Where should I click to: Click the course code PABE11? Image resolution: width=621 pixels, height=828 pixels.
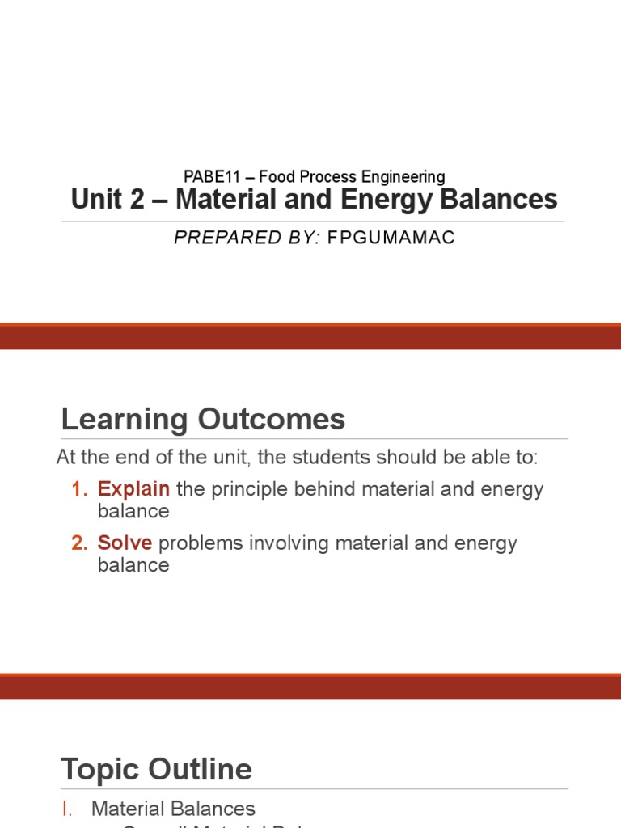click(207, 176)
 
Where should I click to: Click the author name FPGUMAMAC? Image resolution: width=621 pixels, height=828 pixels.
click(391, 239)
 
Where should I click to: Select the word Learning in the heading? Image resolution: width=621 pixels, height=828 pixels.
click(120, 420)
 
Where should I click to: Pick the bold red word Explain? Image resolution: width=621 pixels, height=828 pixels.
click(133, 489)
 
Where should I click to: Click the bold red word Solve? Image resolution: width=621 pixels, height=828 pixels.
click(125, 543)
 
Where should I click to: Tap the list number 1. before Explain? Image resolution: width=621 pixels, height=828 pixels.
click(78, 489)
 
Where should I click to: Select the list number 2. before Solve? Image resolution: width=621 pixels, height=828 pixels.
click(78, 543)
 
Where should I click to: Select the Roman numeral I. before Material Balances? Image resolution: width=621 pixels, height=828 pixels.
click(70, 809)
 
